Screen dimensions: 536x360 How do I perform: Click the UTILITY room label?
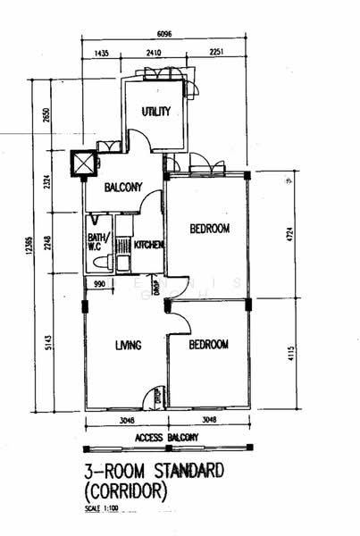(x=156, y=112)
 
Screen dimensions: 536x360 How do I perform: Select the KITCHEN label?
(x=147, y=244)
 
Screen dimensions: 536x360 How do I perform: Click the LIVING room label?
(x=130, y=345)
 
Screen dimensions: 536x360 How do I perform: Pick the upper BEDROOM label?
(x=210, y=229)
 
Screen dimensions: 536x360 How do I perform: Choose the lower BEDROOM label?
(x=208, y=344)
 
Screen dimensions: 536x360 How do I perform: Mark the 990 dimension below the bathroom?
(x=100, y=284)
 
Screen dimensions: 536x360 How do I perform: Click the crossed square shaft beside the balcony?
(x=83, y=163)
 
